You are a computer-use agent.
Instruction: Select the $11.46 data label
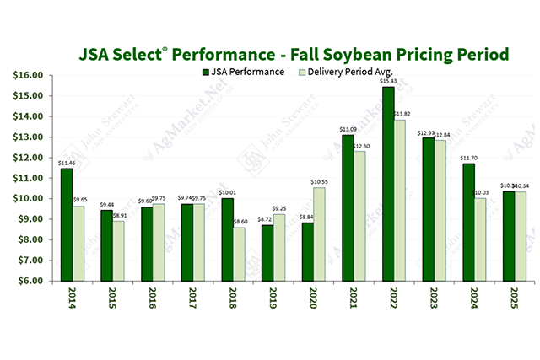pos(66,162)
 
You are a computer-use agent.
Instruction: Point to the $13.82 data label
pos(403,113)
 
